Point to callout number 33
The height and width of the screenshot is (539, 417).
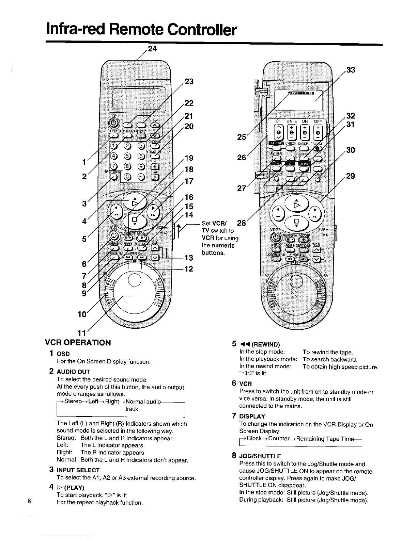[351, 70]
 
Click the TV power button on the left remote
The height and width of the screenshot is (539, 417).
[113, 122]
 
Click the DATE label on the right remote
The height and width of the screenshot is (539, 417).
[292, 121]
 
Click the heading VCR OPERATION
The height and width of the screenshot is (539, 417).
[80, 343]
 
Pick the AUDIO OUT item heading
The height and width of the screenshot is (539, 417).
[73, 372]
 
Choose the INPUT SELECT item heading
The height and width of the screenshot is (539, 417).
[78, 470]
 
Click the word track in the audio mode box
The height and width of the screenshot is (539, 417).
[132, 409]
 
